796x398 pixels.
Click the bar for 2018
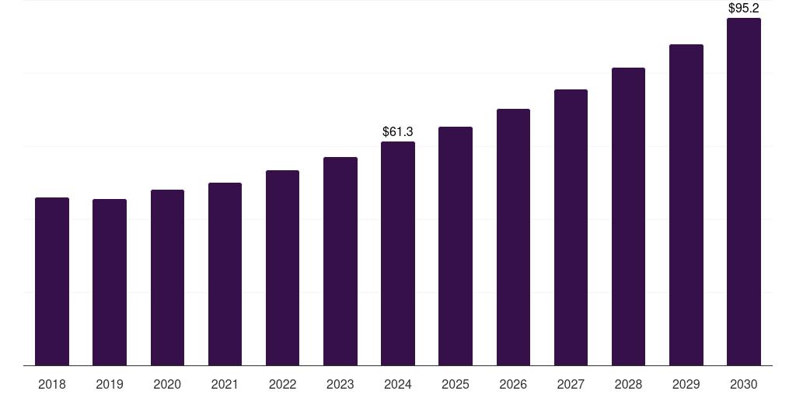tap(52, 281)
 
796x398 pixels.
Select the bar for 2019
tap(110, 282)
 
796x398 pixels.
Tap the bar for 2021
tap(225, 274)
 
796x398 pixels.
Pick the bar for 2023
tap(340, 261)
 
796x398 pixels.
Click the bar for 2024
tap(398, 253)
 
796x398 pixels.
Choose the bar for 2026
tap(513, 237)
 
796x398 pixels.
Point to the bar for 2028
tap(628, 216)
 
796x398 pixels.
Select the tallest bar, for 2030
tap(744, 191)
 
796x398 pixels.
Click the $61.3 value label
tap(398, 132)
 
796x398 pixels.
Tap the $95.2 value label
tap(744, 9)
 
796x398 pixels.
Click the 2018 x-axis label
tap(52, 384)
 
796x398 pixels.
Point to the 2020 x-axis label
tap(167, 384)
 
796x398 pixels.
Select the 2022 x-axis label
tap(282, 384)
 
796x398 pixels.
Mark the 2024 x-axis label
tap(398, 384)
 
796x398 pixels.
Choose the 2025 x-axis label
tap(456, 384)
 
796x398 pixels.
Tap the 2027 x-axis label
tap(571, 384)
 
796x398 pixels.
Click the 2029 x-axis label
tap(686, 384)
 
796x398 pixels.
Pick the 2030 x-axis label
tap(744, 384)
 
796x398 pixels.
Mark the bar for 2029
tap(686, 204)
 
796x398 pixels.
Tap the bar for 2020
tap(167, 278)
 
